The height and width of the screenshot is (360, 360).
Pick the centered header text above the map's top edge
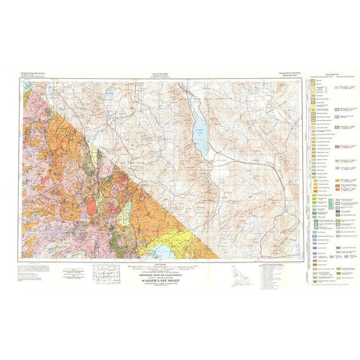156,75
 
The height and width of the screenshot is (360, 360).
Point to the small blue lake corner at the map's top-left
19,83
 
